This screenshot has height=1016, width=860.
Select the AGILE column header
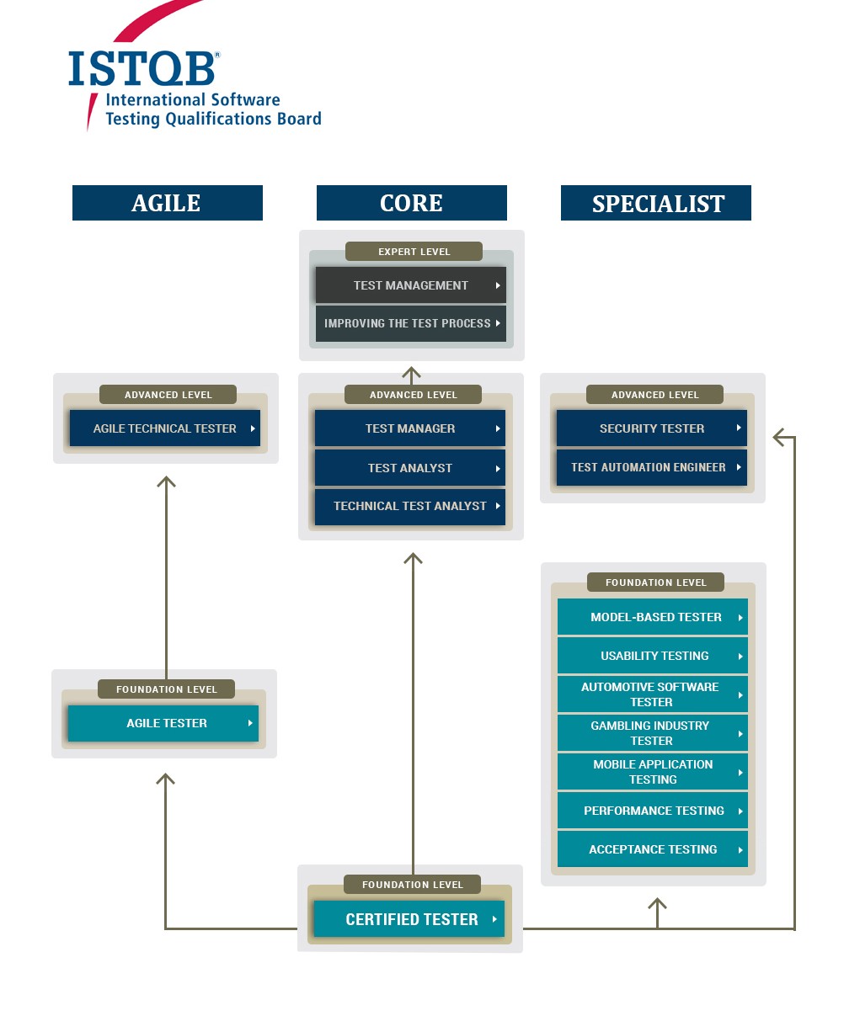pyautogui.click(x=168, y=203)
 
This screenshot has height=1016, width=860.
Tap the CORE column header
pyautogui.click(x=411, y=203)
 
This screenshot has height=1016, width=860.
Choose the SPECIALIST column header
pyautogui.click(x=656, y=203)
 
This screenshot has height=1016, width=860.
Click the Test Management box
pyautogui.click(x=410, y=285)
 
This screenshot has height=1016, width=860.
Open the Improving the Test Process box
pyautogui.click(x=410, y=323)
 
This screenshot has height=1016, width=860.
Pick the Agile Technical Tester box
pyautogui.click(x=165, y=428)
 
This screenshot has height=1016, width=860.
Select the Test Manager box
pyautogui.click(x=410, y=428)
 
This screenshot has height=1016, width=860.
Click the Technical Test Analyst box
pyautogui.click(x=410, y=506)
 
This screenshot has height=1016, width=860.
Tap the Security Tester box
pyautogui.click(x=651, y=428)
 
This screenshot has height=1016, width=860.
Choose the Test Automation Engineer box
pyautogui.click(x=651, y=467)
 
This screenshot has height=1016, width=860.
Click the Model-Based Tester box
pyautogui.click(x=653, y=617)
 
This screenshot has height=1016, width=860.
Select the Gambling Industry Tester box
pyautogui.click(x=653, y=733)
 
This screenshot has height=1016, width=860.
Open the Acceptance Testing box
pyautogui.click(x=653, y=849)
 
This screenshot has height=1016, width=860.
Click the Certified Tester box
pyautogui.click(x=409, y=918)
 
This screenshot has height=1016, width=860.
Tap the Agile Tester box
pyautogui.click(x=163, y=723)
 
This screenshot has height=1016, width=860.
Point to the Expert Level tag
pyautogui.click(x=414, y=251)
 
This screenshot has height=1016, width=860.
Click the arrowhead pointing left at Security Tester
pyautogui.click(x=778, y=437)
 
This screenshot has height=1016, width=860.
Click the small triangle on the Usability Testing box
pyautogui.click(x=740, y=657)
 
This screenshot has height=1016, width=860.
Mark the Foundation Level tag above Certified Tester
pyautogui.click(x=412, y=885)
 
